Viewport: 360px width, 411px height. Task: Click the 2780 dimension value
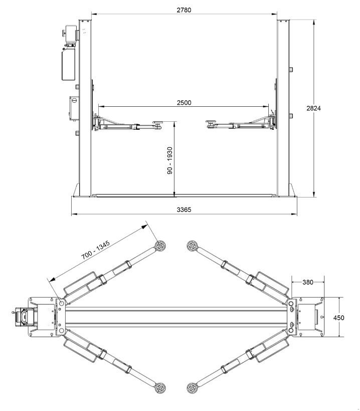[x=184, y=10]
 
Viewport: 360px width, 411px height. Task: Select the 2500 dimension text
[x=184, y=102]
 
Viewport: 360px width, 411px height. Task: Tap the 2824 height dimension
[x=313, y=108]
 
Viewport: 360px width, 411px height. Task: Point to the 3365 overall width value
[x=184, y=210]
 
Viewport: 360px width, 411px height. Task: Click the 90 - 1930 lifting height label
[x=170, y=161]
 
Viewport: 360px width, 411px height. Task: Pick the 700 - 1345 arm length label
[x=95, y=250]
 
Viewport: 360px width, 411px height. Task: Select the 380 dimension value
[x=308, y=282]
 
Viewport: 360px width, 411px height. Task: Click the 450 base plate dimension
[x=338, y=318]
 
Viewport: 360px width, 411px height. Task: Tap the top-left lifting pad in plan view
[x=160, y=246]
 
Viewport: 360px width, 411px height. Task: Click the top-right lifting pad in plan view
[x=192, y=246]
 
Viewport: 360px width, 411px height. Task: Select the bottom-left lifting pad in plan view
[x=160, y=388]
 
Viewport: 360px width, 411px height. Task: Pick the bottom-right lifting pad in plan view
[x=192, y=388]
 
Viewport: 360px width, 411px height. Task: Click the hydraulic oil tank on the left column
[x=68, y=65]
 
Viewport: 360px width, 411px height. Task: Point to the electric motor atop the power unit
[x=71, y=34]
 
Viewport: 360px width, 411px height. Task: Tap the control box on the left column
[x=74, y=109]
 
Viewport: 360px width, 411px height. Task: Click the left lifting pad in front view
[x=157, y=122]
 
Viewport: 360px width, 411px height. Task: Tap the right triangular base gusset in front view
[x=292, y=190]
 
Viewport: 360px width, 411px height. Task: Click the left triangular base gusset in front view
[x=76, y=190]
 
